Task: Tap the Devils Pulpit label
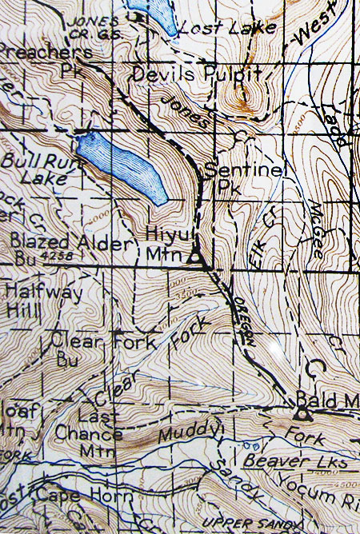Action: [198, 75]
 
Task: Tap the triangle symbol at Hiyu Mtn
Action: [194, 258]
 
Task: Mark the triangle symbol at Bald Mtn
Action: [302, 414]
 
